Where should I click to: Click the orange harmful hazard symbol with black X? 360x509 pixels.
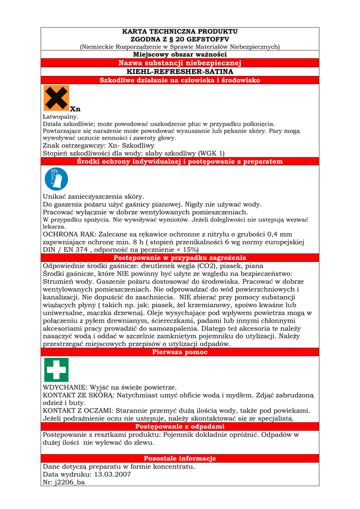point(56,98)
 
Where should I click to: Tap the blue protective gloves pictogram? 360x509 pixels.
point(56,178)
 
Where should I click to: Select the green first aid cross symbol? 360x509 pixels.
point(56,370)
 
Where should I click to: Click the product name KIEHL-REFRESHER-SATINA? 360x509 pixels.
point(180,72)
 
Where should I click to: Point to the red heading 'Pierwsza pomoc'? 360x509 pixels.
point(180,352)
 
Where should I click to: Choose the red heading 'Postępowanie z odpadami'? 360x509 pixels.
point(180,426)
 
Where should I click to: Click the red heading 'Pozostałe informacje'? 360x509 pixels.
point(180,458)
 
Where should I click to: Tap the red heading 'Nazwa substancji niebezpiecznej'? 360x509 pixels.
point(180,63)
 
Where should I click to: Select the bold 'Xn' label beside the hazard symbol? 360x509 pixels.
point(75,109)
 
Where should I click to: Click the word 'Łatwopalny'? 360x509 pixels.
point(61,116)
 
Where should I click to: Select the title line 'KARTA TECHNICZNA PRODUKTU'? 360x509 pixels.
point(180,31)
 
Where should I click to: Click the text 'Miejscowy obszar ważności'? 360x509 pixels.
point(180,54)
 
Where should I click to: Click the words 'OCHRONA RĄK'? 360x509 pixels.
point(68,234)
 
